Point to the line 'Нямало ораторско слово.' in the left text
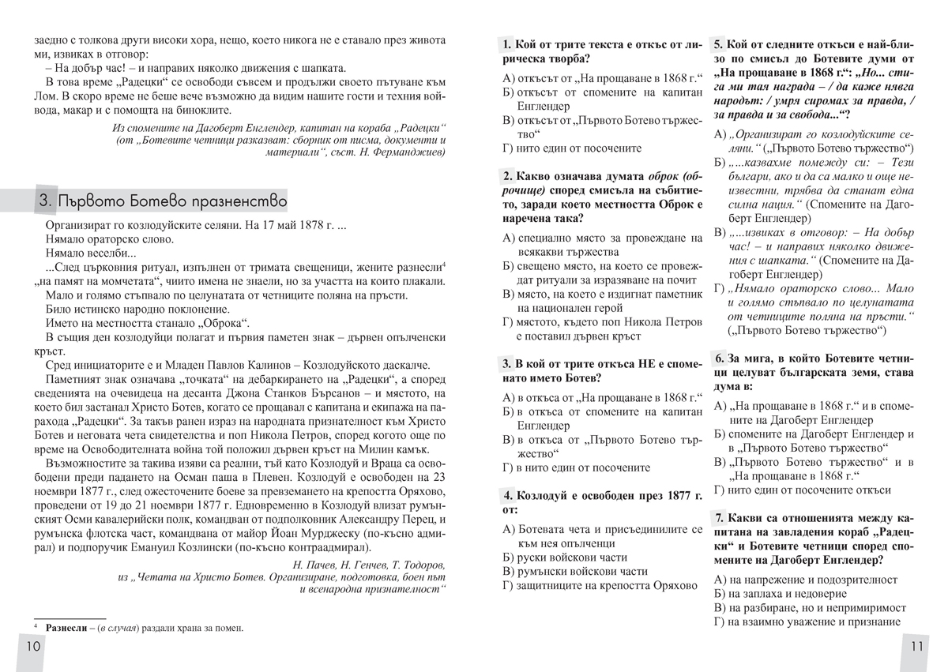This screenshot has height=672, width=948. point(110,239)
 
